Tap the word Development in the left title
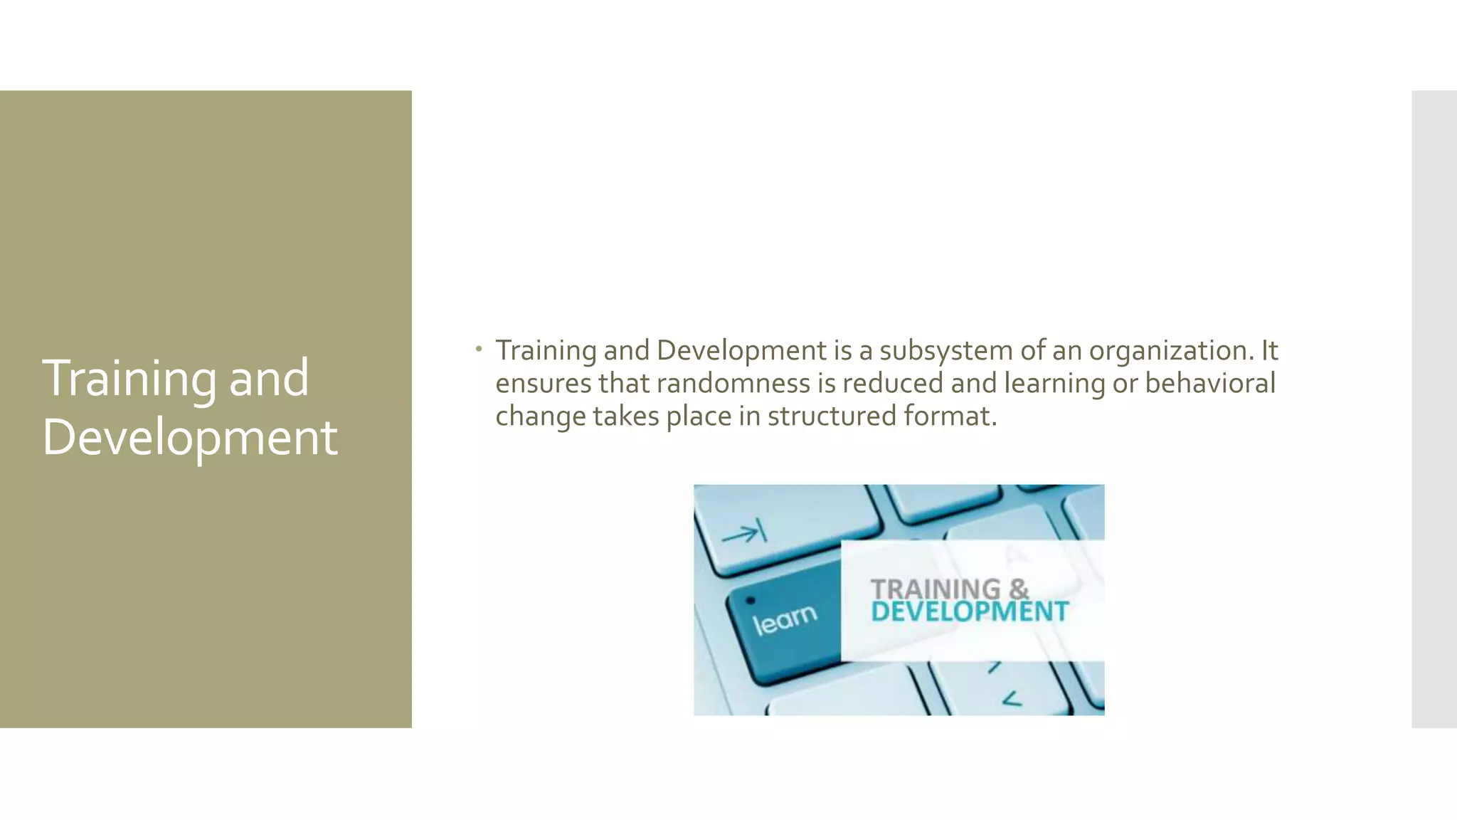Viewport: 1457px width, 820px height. (189, 437)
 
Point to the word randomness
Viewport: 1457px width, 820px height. (733, 383)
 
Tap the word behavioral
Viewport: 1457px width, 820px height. (1209, 383)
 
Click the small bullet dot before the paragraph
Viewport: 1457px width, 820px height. (480, 349)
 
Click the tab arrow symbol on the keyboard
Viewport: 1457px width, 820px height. (743, 532)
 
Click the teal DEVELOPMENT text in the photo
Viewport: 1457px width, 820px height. (969, 611)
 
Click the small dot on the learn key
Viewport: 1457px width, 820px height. (750, 600)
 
